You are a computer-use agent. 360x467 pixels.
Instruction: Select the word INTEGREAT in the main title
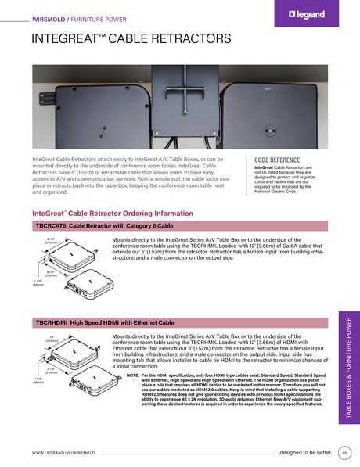click(64, 39)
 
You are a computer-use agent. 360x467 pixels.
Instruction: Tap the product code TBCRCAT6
click(52, 225)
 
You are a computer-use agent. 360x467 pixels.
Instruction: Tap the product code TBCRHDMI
click(52, 322)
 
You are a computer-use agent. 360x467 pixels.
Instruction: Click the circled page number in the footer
click(345, 452)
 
